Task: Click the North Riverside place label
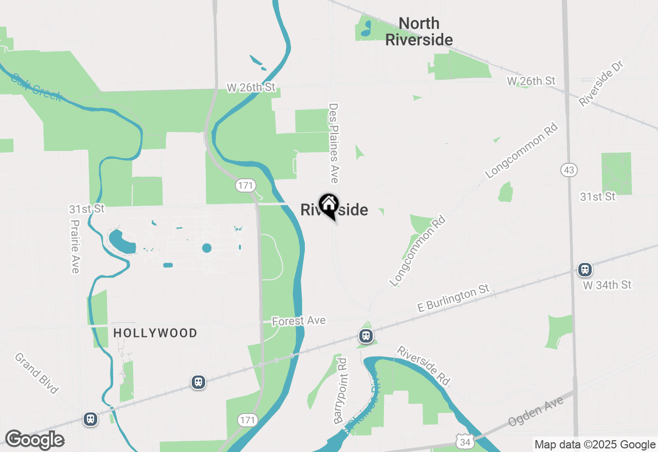coord(419,31)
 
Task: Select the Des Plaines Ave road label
coord(334,143)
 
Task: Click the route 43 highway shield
coord(570,170)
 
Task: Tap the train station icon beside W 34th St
coord(584,270)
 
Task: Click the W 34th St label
coord(607,285)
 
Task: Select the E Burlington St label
coord(453,299)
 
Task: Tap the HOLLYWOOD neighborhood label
coord(155,333)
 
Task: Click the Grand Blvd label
coord(36,373)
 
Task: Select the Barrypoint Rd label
coord(341,391)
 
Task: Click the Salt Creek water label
coord(36,87)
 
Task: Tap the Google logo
coord(34,440)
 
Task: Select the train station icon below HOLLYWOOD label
coord(198,382)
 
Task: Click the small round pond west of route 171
coord(207,248)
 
